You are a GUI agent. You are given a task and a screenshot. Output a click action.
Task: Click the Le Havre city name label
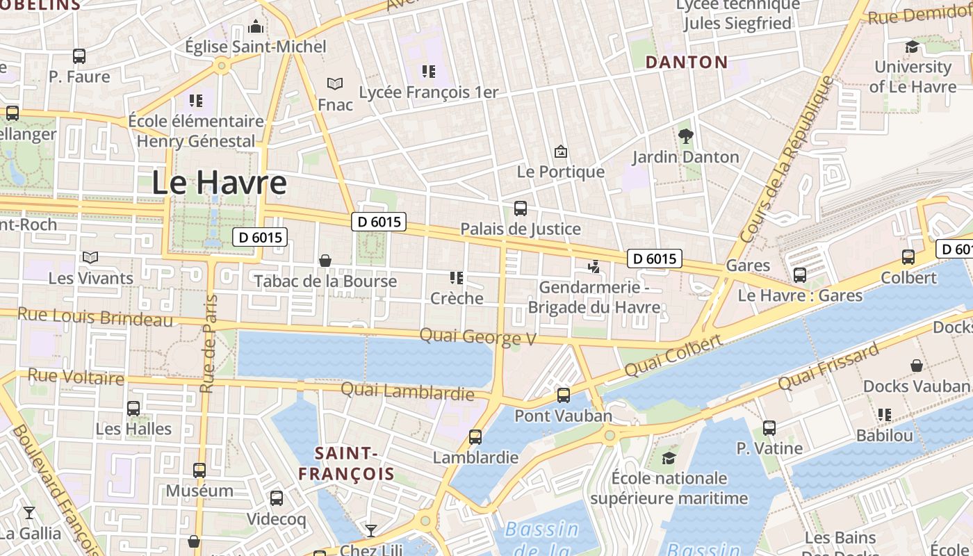[219, 183]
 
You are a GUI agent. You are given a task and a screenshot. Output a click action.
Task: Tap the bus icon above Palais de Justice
[520, 208]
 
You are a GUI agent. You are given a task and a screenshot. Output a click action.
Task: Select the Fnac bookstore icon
[335, 84]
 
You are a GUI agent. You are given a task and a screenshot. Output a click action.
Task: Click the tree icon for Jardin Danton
[686, 136]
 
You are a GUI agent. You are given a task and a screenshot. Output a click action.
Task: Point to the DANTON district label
[687, 62]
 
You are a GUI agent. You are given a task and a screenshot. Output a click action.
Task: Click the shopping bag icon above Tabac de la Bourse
[325, 261]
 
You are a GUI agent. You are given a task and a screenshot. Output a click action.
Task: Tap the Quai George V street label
[478, 337]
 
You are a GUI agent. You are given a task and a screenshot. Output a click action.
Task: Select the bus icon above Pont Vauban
[563, 395]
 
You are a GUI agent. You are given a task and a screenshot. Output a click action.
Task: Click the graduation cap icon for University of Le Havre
[912, 47]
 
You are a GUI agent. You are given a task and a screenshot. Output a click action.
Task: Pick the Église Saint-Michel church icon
[256, 26]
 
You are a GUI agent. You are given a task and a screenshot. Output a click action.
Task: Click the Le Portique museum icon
[560, 152]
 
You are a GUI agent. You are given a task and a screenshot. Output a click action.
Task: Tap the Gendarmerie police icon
[594, 266]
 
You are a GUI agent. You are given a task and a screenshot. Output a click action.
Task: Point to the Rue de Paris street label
[208, 344]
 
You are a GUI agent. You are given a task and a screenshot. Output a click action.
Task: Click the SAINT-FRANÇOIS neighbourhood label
[346, 464]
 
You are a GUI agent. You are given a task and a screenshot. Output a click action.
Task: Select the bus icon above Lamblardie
[475, 437]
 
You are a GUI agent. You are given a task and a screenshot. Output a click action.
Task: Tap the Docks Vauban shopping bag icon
[917, 366]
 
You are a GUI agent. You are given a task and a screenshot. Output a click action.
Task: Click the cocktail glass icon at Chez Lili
[371, 531]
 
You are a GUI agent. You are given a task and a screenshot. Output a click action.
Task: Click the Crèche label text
[457, 298]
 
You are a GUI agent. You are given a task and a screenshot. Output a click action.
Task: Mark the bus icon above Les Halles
[133, 408]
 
